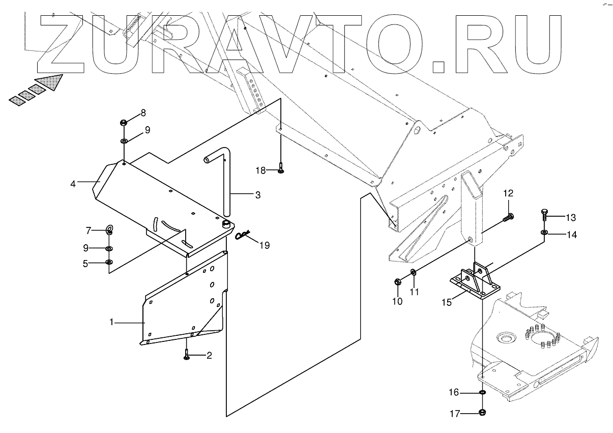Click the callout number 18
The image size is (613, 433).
point(260,170)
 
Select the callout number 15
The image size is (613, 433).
point(446,302)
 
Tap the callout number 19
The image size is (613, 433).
point(265,245)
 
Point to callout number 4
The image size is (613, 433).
point(73,184)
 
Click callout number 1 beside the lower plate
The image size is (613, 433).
point(111,322)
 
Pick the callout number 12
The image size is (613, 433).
point(508,193)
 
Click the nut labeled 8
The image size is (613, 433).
point(124,122)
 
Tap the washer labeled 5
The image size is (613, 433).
point(109,262)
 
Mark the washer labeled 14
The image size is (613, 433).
point(544,233)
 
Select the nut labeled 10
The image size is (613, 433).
point(398,281)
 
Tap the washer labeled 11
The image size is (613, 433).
point(413,272)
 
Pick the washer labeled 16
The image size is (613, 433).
point(482,392)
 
